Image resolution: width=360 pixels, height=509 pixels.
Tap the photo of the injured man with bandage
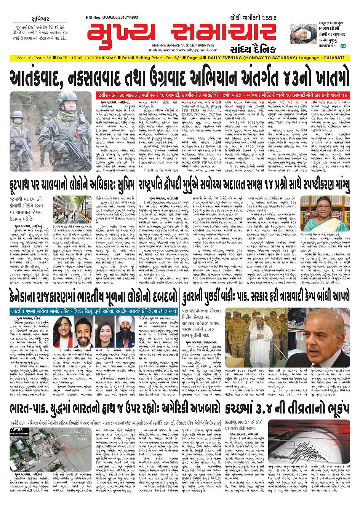[x=302, y=33]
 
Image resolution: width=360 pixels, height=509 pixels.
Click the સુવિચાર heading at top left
[x=41, y=19]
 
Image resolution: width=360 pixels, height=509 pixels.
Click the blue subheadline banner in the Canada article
[x=93, y=311]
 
